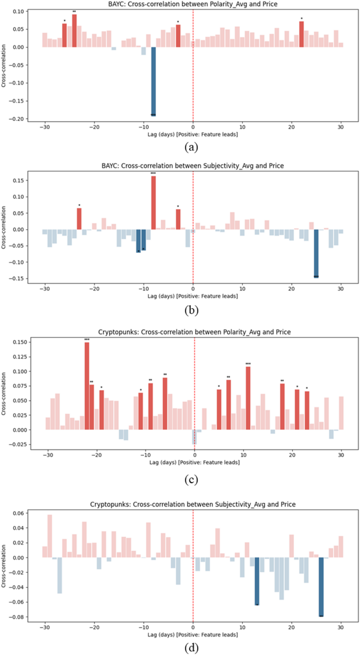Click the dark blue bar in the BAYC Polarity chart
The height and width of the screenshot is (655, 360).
[153, 81]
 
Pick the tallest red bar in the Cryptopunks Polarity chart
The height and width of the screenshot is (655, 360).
[87, 386]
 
